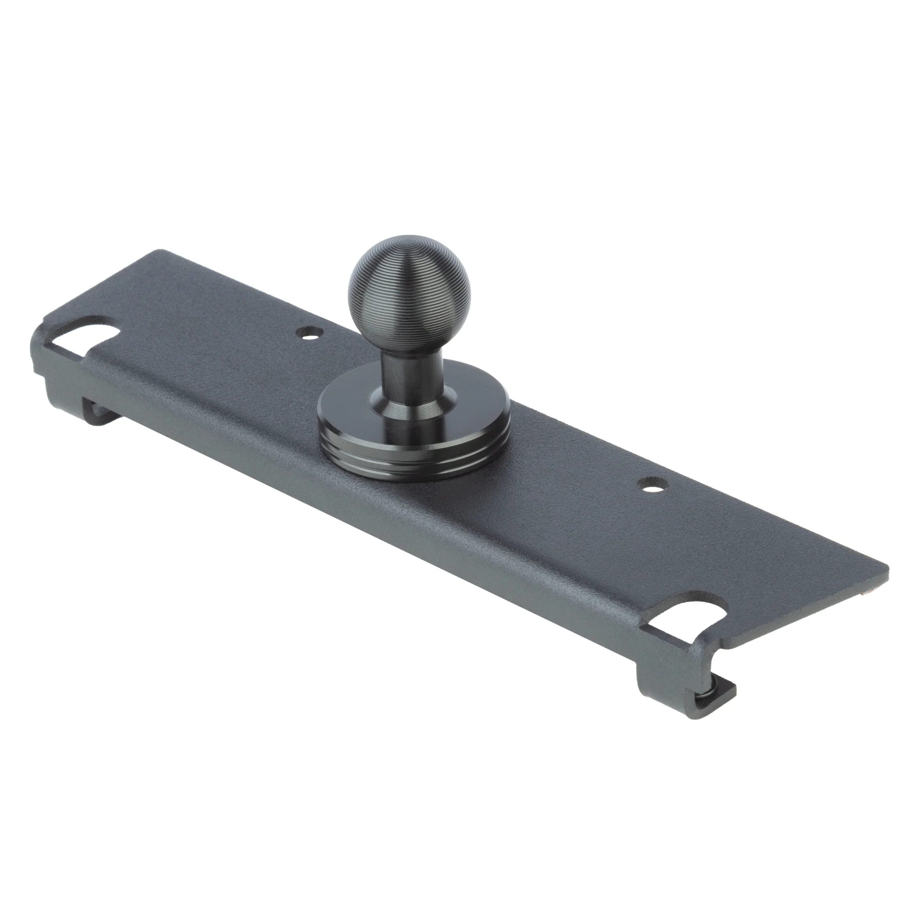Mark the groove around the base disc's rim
click(x=414, y=446)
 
